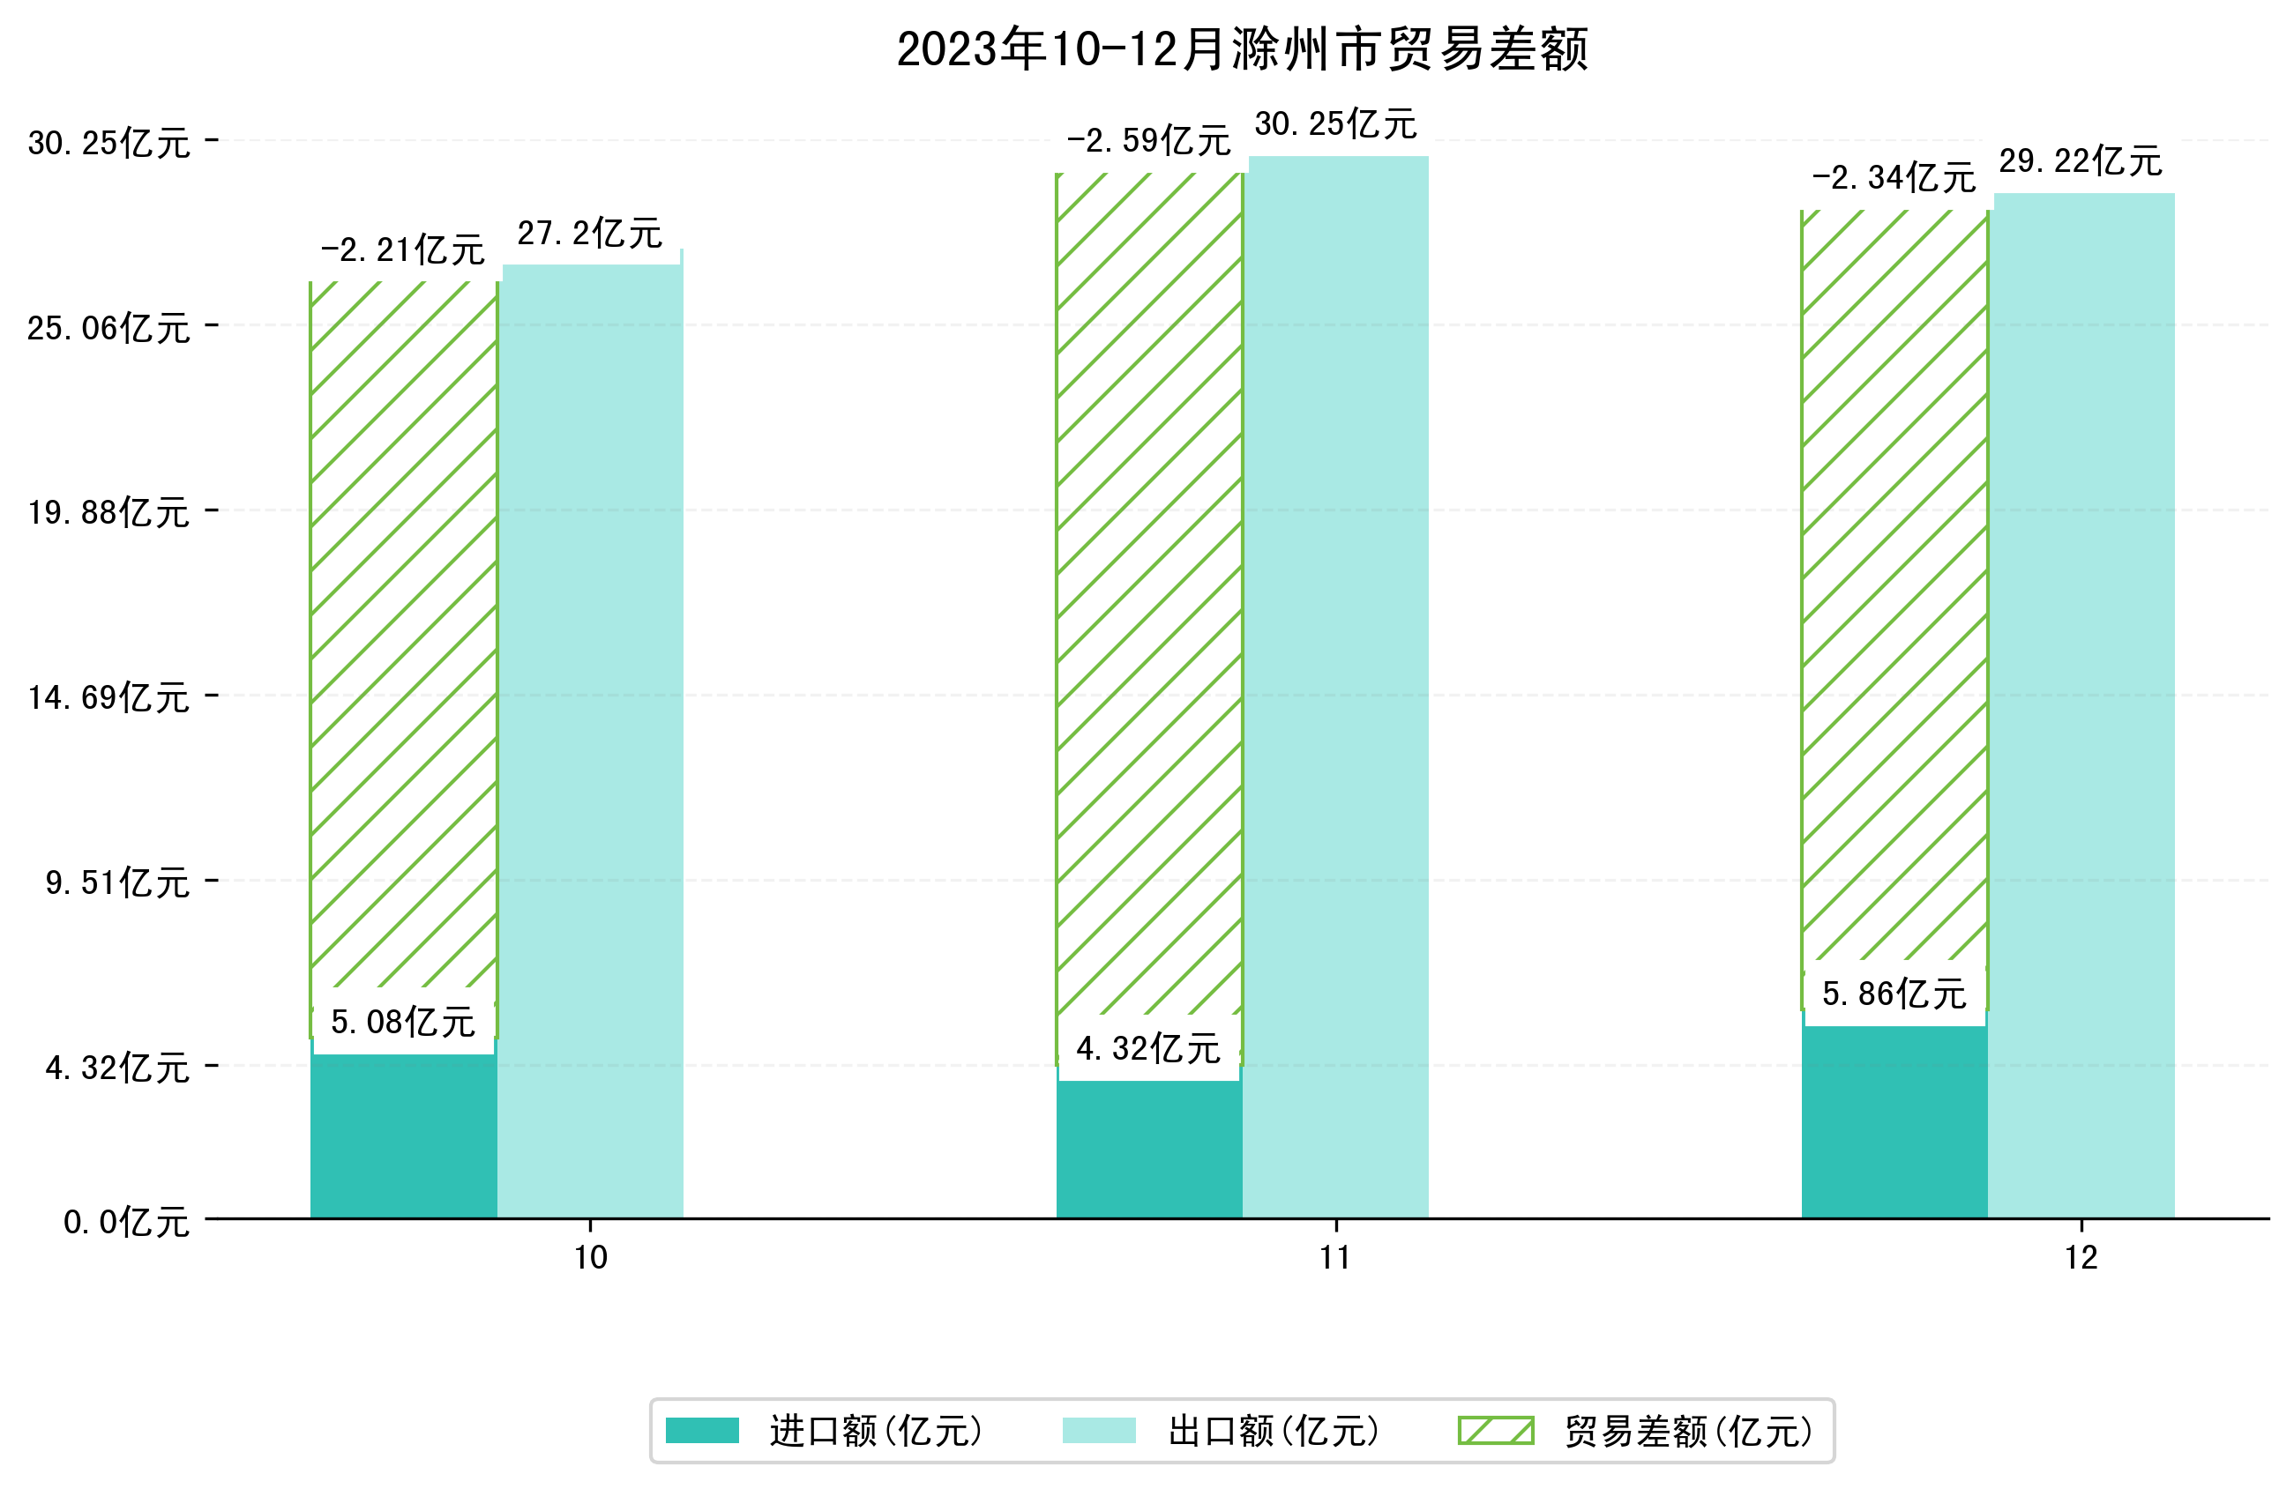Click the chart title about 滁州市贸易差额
click(1242, 49)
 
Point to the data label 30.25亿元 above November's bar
click(1335, 124)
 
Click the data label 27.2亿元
click(589, 234)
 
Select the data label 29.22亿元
click(2080, 161)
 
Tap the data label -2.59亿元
click(1148, 142)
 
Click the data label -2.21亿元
click(402, 250)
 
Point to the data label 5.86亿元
click(1894, 994)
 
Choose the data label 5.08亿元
click(403, 1022)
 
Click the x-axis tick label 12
click(2081, 1259)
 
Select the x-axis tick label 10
click(590, 1259)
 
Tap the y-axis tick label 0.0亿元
click(125, 1223)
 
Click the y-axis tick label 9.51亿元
click(116, 882)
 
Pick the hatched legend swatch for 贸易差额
click(1495, 1431)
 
